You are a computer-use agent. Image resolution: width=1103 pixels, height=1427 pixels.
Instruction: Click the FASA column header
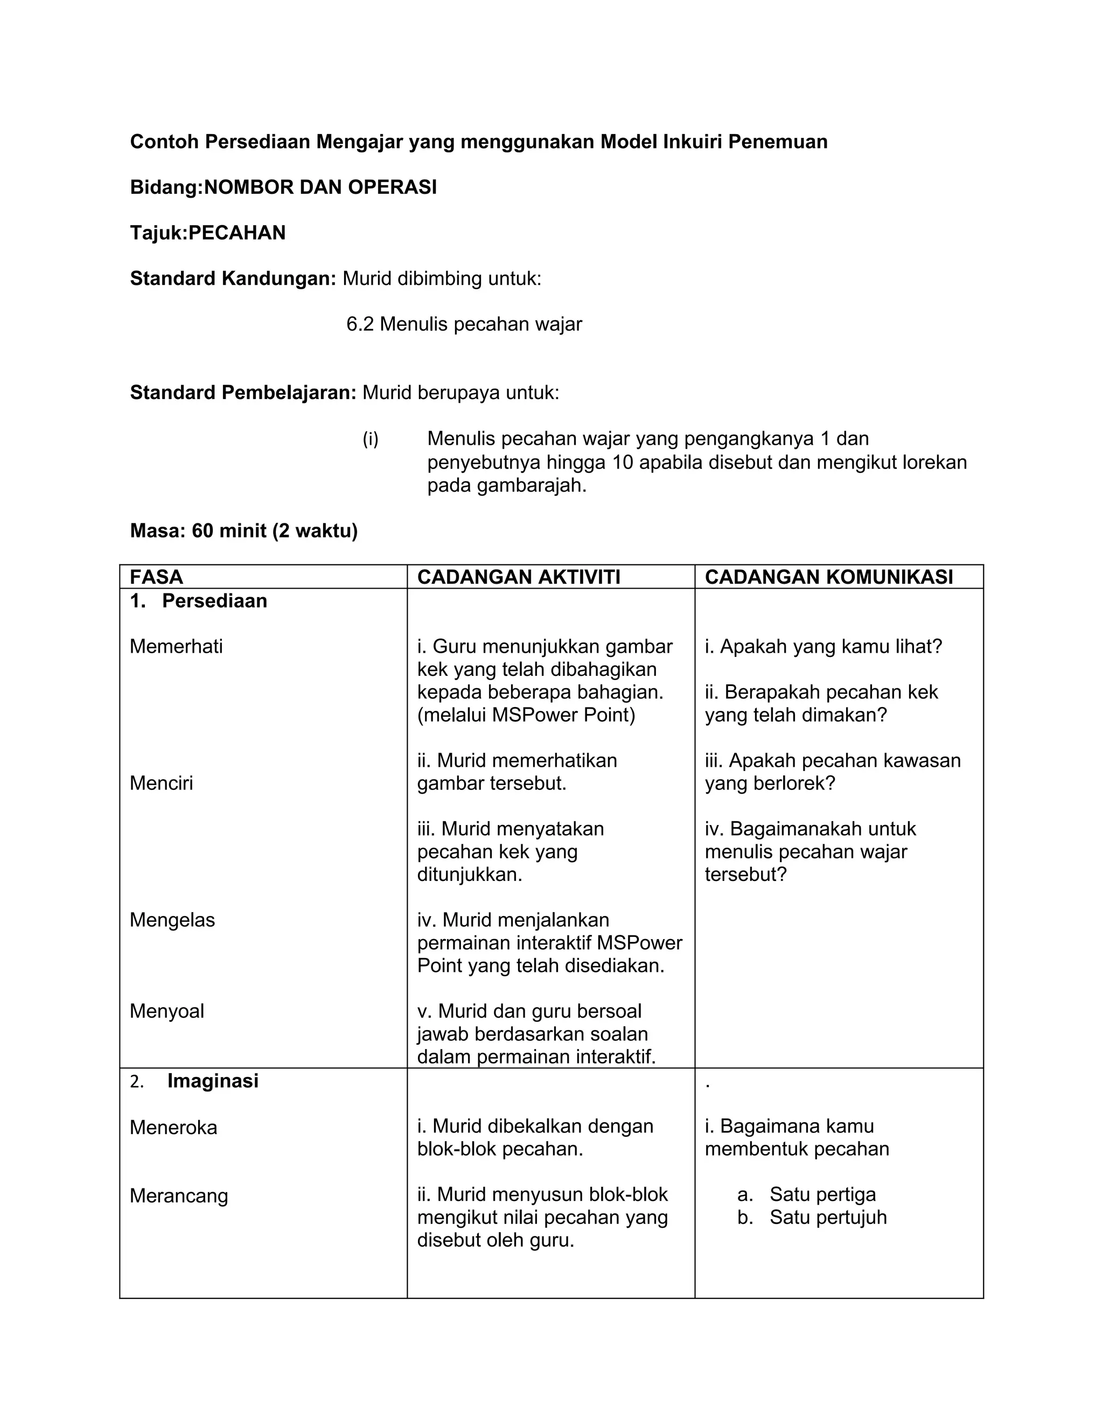[x=156, y=577]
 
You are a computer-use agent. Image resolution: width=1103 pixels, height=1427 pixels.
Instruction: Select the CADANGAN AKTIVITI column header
[x=518, y=577]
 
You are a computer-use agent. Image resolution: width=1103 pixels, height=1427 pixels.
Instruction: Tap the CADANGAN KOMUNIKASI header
[x=828, y=577]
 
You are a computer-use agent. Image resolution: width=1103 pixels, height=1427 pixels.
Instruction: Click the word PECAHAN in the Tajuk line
[x=237, y=233]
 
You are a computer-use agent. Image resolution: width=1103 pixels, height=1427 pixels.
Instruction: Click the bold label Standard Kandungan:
[x=233, y=278]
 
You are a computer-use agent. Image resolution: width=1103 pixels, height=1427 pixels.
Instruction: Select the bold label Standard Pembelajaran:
[x=243, y=392]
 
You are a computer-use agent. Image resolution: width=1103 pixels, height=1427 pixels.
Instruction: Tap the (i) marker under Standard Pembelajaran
[x=371, y=438]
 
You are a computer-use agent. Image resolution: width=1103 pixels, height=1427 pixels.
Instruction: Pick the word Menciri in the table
[x=162, y=783]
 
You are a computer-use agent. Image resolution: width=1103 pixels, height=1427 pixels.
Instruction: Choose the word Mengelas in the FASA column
[x=172, y=919]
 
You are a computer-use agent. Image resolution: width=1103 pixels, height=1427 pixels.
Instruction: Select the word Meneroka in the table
[x=173, y=1127]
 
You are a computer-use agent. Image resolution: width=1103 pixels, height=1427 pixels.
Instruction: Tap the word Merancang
[x=178, y=1195]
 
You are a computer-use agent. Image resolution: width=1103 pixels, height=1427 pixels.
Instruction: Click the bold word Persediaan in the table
[x=214, y=600]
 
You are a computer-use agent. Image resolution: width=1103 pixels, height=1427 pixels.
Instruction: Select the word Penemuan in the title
[x=778, y=142]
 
